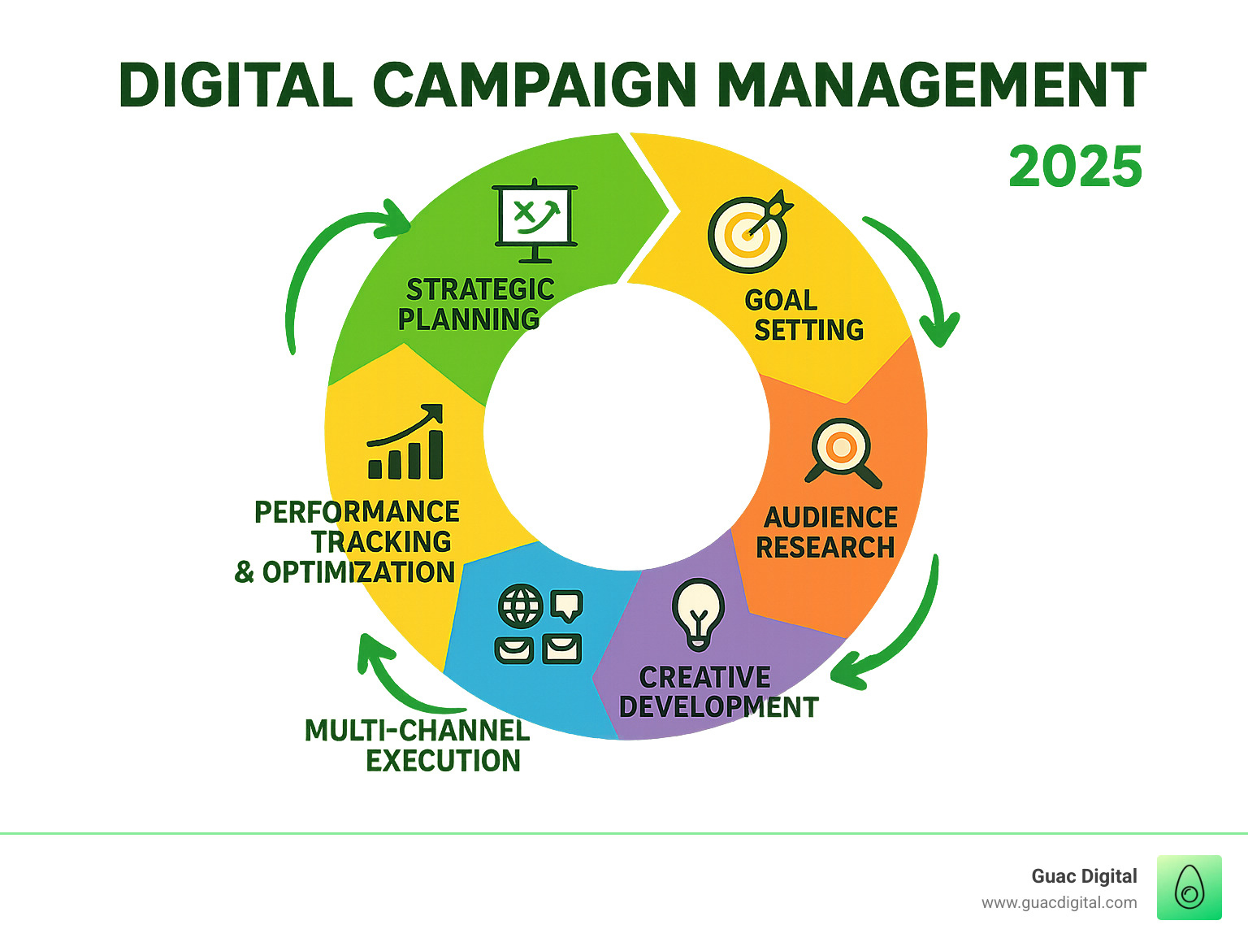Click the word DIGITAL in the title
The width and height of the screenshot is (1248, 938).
point(236,85)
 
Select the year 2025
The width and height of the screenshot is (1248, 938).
point(1075,167)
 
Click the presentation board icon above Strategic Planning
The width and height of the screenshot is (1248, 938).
point(535,219)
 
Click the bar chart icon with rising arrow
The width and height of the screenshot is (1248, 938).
point(406,442)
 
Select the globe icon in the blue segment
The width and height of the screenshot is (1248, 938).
point(520,606)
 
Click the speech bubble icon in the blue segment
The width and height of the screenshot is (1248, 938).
point(566,605)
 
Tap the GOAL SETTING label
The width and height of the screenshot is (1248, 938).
point(804,315)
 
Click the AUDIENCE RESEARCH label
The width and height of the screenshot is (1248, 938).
point(827,532)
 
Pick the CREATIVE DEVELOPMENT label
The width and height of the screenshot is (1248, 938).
point(718,692)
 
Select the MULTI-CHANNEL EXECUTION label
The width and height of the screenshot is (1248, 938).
point(417,745)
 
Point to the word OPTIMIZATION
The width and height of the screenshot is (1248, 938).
point(358,572)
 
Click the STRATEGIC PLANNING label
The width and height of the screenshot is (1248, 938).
point(475,304)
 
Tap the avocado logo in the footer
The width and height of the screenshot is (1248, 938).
point(1189,887)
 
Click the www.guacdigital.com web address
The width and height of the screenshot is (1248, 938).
point(1059,902)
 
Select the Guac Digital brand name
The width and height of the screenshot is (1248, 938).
point(1084,876)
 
